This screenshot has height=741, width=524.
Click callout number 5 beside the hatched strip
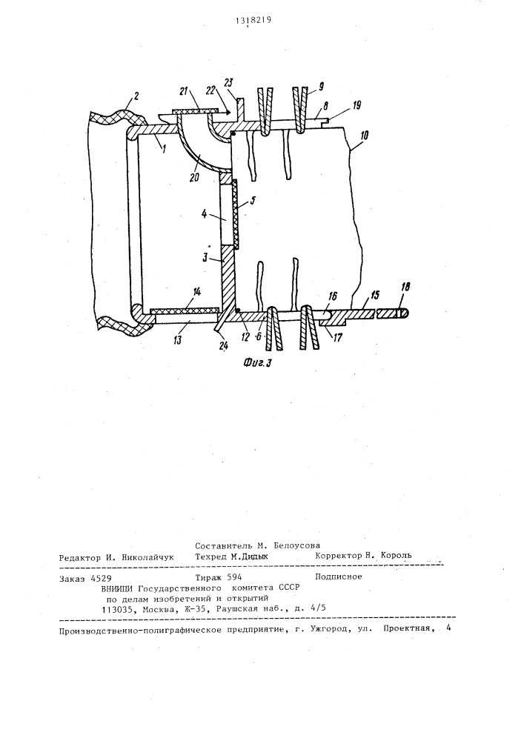pyautogui.click(x=251, y=199)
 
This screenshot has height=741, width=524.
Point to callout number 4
pyautogui.click(x=201, y=218)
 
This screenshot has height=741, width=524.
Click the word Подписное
pyautogui.click(x=338, y=576)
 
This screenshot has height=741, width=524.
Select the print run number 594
pyautogui.click(x=231, y=576)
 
